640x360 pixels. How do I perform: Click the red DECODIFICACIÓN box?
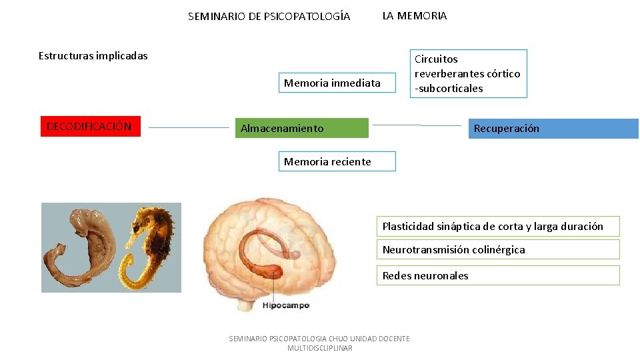[91, 126]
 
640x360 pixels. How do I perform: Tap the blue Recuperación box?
[553, 129]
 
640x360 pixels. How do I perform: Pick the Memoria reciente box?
[337, 161]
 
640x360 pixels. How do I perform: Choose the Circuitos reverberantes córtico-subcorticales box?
[469, 73]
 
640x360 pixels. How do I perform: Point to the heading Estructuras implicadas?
[93, 56]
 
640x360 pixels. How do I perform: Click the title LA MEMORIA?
[415, 16]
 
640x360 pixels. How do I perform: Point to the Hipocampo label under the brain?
[286, 305]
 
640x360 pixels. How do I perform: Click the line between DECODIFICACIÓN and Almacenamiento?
[189, 127]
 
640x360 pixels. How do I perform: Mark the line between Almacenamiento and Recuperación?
[417, 125]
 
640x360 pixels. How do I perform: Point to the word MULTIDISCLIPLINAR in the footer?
[319, 348]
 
